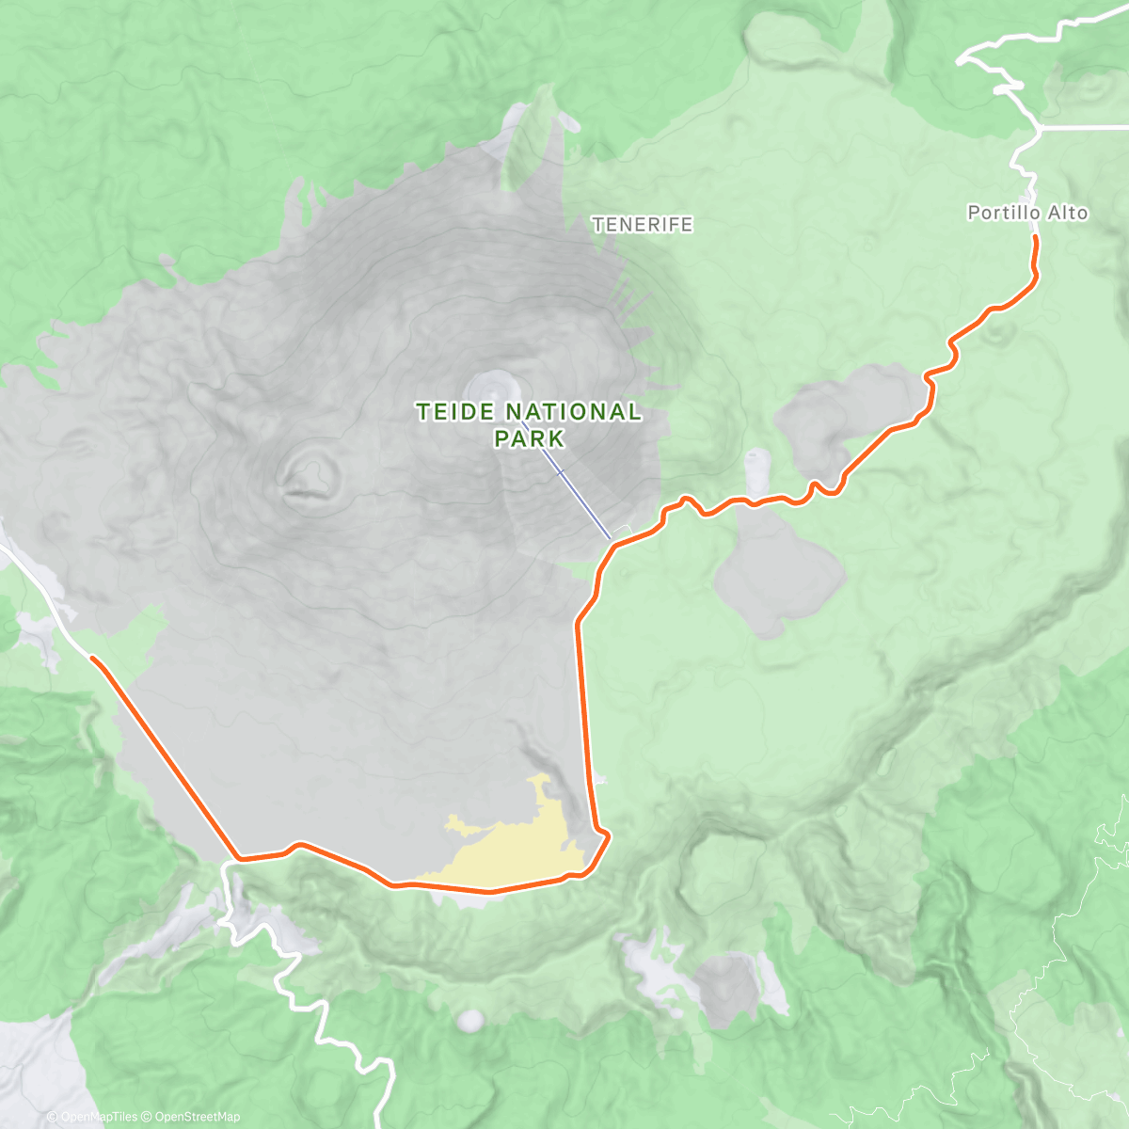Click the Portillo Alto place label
tap(1027, 214)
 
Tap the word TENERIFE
tap(643, 224)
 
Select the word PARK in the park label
tap(529, 438)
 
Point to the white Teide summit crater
tap(492, 385)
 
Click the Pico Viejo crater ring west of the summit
tap(309, 471)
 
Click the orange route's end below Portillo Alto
tap(1035, 239)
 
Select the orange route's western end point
tap(92, 658)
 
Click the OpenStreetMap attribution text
tap(197, 1117)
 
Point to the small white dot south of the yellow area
tap(469, 1019)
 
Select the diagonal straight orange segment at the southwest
tap(165, 757)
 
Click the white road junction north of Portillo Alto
tap(1040, 129)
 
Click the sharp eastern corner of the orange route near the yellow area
tap(608, 834)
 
